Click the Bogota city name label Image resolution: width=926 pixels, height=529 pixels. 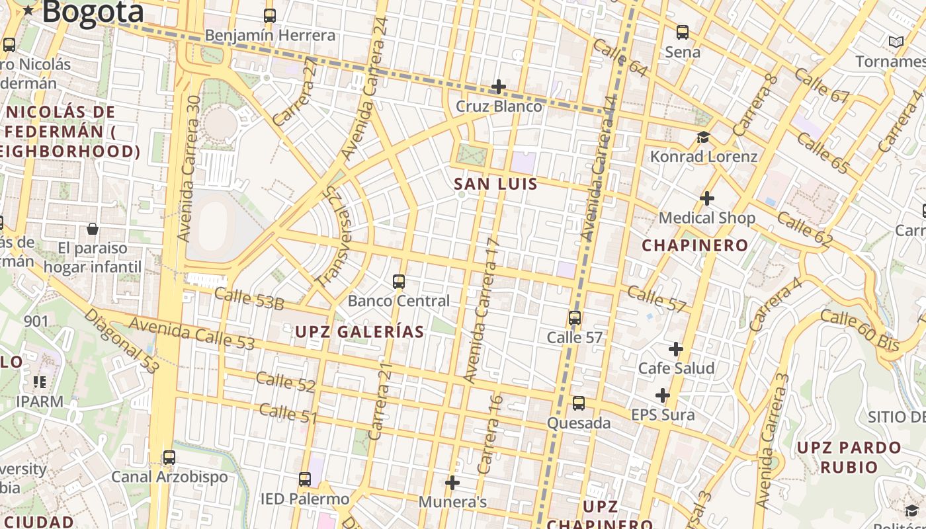tap(93, 11)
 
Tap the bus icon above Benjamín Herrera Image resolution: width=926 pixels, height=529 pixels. tap(269, 16)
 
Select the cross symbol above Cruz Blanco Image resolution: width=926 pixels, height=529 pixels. tap(499, 87)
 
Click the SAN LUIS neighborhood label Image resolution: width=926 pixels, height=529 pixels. tap(496, 184)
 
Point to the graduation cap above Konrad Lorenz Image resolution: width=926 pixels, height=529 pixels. tap(703, 138)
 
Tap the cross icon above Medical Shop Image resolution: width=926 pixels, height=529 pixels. tap(706, 198)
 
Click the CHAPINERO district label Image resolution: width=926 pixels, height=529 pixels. tap(695, 245)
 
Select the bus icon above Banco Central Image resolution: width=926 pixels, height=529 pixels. tap(398, 282)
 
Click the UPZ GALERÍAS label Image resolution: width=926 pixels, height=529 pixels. tap(359, 332)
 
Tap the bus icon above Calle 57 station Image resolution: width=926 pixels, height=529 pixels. tap(574, 318)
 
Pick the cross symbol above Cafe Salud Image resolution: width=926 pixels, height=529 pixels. tap(675, 348)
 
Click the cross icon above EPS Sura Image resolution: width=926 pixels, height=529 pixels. tap(662, 395)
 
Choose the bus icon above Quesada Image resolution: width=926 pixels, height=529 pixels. tap(578, 403)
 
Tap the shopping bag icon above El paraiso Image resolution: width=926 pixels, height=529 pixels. tap(93, 229)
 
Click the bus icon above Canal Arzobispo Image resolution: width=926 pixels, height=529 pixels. tap(169, 458)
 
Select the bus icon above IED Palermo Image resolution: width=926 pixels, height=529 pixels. tap(304, 479)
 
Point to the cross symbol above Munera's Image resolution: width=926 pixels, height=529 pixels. tap(452, 483)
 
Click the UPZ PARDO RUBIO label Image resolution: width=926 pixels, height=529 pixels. tap(849, 457)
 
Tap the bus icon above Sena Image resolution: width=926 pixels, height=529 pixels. tap(682, 32)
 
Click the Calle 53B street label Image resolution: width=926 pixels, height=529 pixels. tap(249, 299)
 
